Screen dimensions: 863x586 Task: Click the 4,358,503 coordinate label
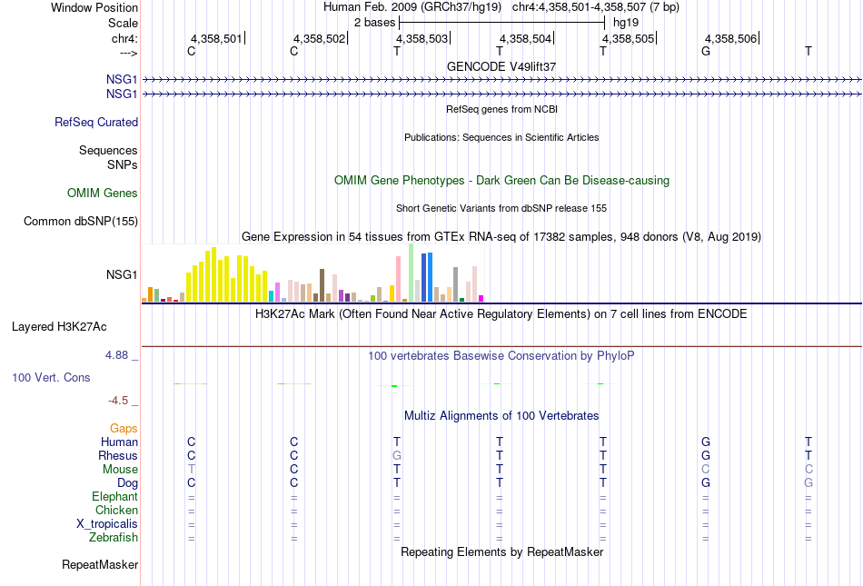(x=422, y=38)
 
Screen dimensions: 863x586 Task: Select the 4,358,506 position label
(x=731, y=38)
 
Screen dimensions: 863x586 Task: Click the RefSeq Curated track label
(x=96, y=122)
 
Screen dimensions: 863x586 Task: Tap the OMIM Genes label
(x=103, y=194)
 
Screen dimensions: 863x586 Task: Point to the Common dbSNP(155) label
(x=81, y=221)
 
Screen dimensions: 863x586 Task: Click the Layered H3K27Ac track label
(x=59, y=327)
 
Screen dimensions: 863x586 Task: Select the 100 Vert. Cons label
(x=51, y=377)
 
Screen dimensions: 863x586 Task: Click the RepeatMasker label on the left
(x=100, y=564)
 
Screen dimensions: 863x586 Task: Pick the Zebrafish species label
(x=114, y=537)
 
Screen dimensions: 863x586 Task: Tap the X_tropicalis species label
(x=107, y=524)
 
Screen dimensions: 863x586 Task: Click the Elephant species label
(x=114, y=496)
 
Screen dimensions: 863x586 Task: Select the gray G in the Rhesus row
(x=397, y=455)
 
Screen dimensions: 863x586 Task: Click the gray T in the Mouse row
(x=192, y=470)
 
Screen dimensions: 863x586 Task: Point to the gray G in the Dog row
(x=808, y=483)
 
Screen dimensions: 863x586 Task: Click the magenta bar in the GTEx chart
(x=481, y=298)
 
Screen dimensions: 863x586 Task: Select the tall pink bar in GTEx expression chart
(x=398, y=278)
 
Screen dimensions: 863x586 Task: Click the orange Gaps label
(x=124, y=428)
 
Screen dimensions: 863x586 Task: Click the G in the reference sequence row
(x=706, y=51)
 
